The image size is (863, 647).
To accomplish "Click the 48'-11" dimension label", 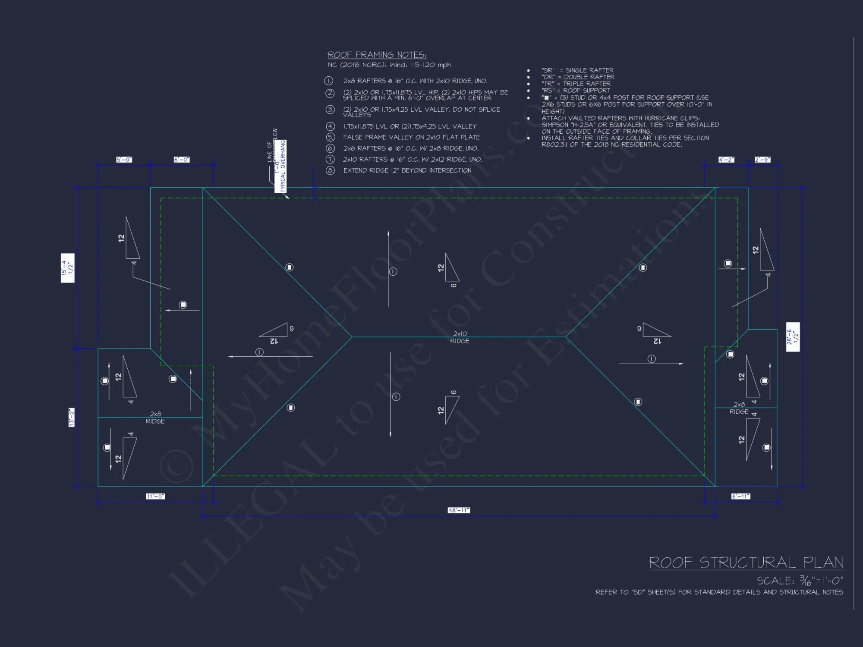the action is coord(459,510).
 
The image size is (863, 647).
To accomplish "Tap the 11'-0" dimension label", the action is coord(155,496).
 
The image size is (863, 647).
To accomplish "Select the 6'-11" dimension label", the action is coord(740,496).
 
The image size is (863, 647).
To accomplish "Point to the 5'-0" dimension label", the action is coord(124,160).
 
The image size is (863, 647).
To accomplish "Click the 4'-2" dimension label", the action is coord(726,160).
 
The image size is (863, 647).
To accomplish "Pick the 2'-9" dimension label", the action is coord(762,160).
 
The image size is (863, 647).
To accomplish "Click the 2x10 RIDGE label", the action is coord(460,337).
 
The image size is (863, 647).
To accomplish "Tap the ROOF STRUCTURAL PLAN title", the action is coord(746,563).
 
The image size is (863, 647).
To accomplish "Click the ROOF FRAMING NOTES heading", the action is coord(377,55).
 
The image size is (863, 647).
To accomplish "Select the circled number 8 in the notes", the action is coord(330,170).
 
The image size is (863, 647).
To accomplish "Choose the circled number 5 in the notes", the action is coord(330,137).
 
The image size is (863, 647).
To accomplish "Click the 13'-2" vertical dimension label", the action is coord(72,417).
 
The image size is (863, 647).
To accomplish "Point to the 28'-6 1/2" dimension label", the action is coord(793,337).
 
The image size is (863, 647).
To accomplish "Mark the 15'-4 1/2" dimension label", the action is coord(68,268).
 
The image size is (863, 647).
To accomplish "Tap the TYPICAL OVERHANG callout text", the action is coord(283,166).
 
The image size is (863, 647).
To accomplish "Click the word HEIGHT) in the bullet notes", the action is coord(553,111).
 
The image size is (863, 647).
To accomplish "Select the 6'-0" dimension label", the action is coord(182,160).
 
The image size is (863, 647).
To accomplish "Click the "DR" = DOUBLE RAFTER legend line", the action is coord(578,77).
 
